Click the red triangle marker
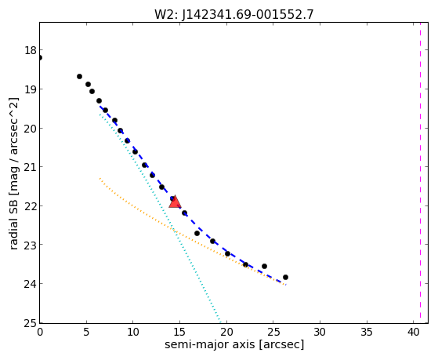tap(175, 202)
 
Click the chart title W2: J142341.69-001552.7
tap(234, 14)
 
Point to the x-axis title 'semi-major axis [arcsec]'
tap(234, 344)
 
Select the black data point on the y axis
tap(40, 57)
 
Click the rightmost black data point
tap(285, 277)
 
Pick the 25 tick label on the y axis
tap(31, 323)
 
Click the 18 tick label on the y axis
tap(31, 51)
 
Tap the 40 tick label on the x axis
tap(414, 332)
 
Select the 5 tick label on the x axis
tap(86, 332)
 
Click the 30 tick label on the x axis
tap(320, 332)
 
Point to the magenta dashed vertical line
tap(420, 173)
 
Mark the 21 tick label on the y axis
tap(31, 167)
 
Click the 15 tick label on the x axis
tap(179, 332)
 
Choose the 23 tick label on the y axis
tap(31, 245)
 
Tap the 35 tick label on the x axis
tap(367, 332)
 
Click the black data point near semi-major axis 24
tap(264, 266)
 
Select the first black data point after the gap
tap(79, 76)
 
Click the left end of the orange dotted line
tap(100, 178)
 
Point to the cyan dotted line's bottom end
tap(220, 322)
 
